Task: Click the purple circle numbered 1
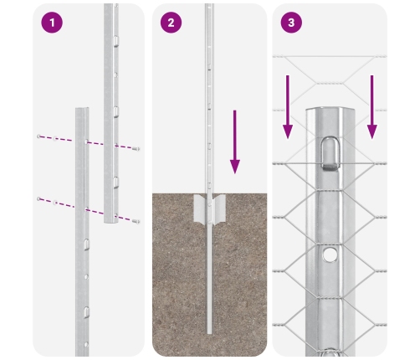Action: [x=52, y=23]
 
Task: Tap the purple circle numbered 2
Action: [x=172, y=23]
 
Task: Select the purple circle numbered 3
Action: [x=290, y=23]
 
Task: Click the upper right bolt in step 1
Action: [x=136, y=148]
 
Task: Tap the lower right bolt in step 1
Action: [x=136, y=220]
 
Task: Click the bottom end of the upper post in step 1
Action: [x=111, y=222]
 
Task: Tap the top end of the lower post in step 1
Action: [x=82, y=109]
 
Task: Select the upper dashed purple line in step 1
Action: [x=88, y=141]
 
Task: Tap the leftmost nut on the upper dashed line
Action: [x=38, y=136]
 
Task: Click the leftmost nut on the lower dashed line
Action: [x=38, y=198]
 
